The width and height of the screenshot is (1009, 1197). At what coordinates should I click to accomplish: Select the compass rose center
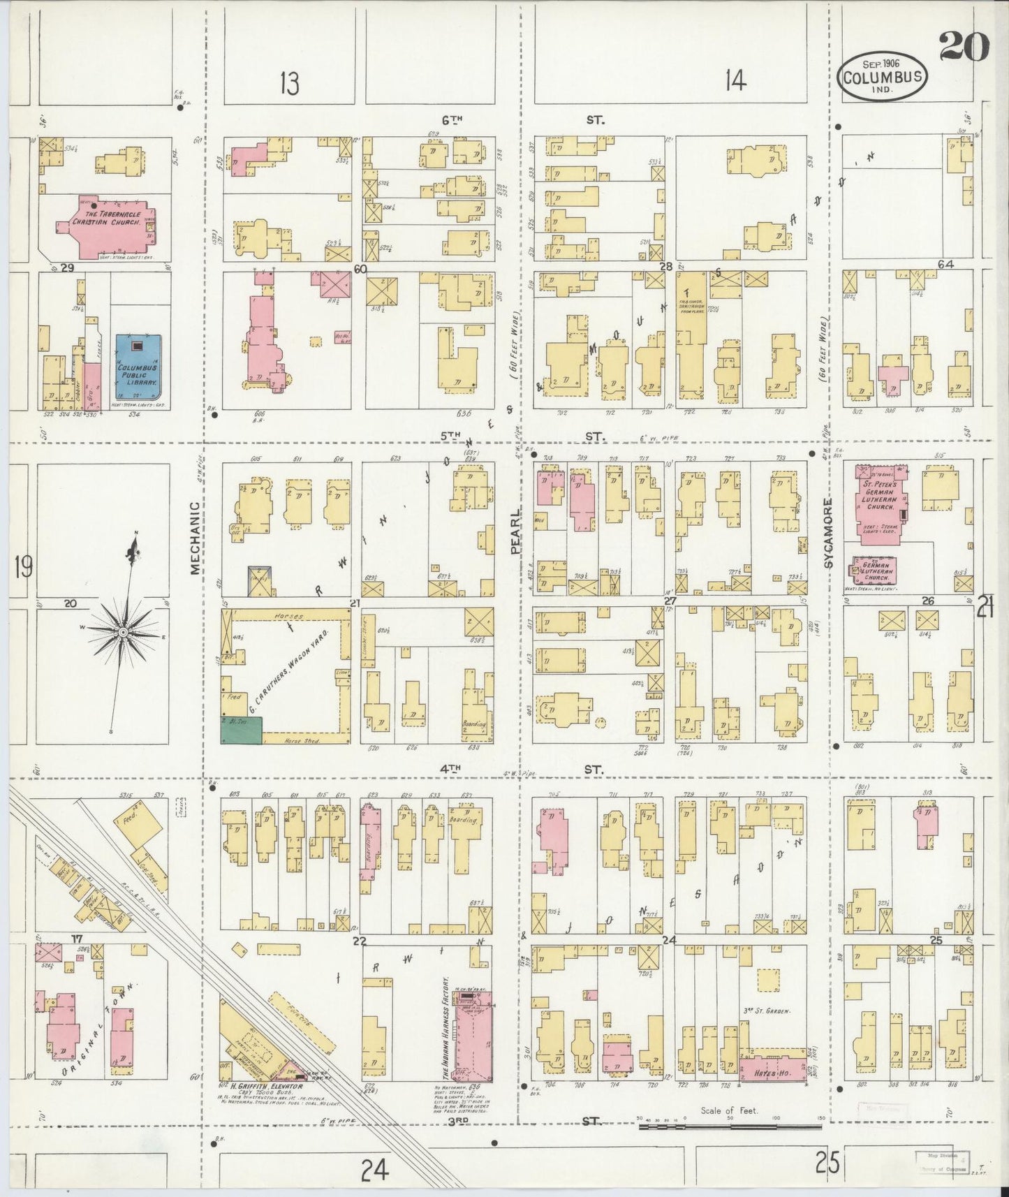pyautogui.click(x=122, y=631)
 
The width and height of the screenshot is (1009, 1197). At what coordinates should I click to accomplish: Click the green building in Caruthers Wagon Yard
pyautogui.click(x=242, y=730)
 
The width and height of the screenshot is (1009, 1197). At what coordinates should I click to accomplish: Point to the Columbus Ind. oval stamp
pyautogui.click(x=882, y=77)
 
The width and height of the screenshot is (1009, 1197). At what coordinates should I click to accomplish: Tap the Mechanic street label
pyautogui.click(x=195, y=538)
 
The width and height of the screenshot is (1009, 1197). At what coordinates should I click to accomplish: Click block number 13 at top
pyautogui.click(x=289, y=83)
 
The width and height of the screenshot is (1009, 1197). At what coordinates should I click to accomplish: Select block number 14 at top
pyautogui.click(x=735, y=82)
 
